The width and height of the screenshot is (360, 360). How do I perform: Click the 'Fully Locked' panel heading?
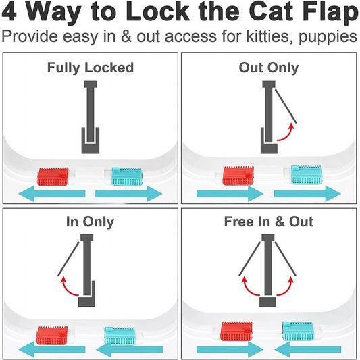click(91, 68)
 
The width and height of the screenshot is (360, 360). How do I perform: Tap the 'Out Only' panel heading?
click(269, 68)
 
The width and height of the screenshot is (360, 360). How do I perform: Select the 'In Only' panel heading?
click(90, 222)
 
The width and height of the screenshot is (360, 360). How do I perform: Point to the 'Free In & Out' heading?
click(269, 222)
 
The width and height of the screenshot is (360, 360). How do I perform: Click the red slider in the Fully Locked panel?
click(53, 176)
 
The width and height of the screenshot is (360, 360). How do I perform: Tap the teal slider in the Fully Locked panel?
click(127, 176)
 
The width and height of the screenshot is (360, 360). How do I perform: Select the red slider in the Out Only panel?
click(238, 176)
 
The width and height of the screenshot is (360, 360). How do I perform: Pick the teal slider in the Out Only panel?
click(307, 175)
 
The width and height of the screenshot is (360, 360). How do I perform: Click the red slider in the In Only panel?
click(52, 336)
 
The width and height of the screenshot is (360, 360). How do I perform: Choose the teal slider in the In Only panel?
click(120, 336)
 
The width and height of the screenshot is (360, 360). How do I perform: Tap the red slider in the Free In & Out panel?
click(236, 331)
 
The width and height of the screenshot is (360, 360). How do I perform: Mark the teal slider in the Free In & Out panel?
click(298, 331)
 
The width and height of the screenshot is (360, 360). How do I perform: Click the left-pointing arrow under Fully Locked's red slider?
click(52, 194)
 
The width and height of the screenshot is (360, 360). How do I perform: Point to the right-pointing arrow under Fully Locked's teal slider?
click(128, 194)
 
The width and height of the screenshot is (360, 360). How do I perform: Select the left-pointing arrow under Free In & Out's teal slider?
click(307, 349)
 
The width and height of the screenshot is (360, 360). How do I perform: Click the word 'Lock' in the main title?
click(157, 11)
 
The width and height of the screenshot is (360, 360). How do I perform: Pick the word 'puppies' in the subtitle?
click(328, 37)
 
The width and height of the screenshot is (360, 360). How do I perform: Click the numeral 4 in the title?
click(9, 11)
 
